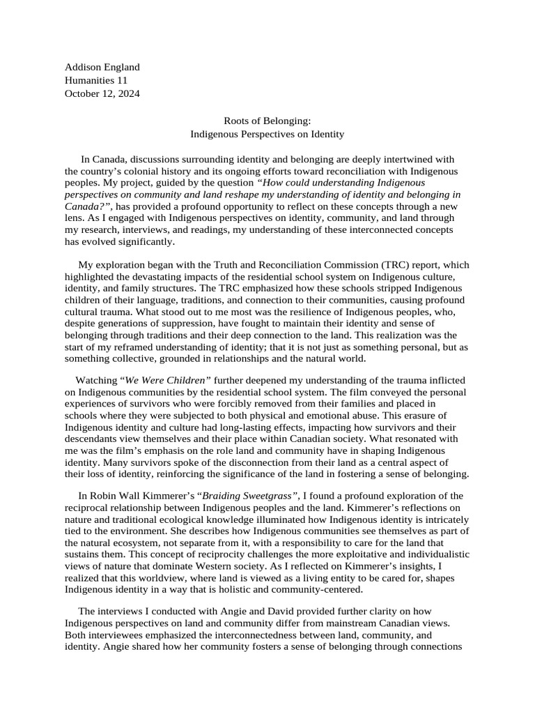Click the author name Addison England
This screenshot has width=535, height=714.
[102, 67]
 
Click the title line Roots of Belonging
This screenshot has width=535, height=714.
[267, 121]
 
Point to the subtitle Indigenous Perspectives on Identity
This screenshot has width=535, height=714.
[267, 134]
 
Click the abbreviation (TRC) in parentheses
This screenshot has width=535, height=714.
[397, 265]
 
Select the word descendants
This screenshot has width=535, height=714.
[97, 439]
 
